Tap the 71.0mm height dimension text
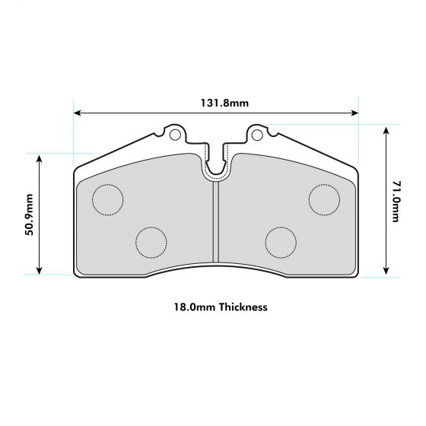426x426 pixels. [395, 201]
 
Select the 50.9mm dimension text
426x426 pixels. [29, 215]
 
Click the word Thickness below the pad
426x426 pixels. [241, 308]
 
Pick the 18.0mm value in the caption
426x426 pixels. [194, 308]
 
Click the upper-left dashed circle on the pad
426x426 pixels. [107, 199]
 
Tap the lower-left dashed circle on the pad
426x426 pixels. [151, 242]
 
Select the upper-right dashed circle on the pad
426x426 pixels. [324, 199]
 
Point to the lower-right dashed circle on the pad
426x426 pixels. [281, 242]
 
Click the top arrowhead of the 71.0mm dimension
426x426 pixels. [386, 130]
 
